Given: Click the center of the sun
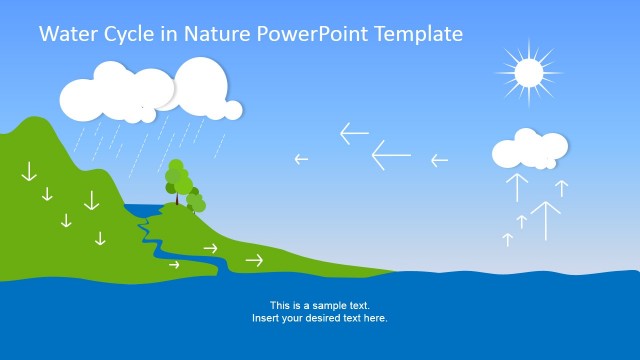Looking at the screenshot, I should (528, 71).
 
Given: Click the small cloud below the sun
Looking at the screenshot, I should (527, 150).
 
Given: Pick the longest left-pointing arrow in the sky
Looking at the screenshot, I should (391, 155).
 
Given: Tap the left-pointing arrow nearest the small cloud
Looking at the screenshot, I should (439, 160).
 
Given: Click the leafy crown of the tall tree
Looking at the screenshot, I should (178, 178).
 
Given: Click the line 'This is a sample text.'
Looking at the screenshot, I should (319, 305).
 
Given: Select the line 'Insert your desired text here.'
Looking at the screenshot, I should (319, 318).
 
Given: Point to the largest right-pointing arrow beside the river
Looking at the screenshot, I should (254, 260).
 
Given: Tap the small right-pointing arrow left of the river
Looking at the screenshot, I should (175, 265).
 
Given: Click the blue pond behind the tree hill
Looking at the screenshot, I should (140, 210).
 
